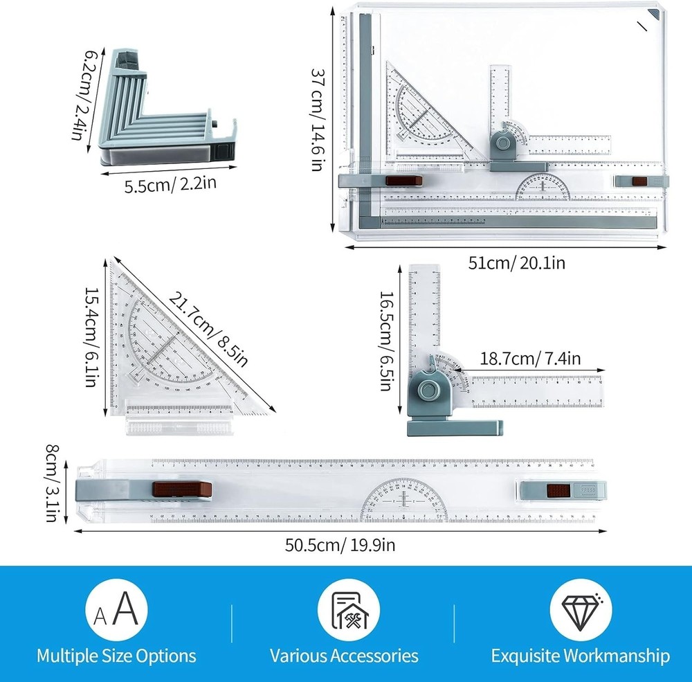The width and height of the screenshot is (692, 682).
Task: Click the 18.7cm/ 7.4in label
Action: [x=530, y=358]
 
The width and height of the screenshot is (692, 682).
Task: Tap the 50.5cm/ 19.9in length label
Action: [x=340, y=545]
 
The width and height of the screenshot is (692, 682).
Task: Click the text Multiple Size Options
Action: [x=116, y=656]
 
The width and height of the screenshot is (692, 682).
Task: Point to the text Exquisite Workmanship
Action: [x=580, y=656]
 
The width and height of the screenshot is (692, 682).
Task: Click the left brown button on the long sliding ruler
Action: [x=182, y=490]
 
